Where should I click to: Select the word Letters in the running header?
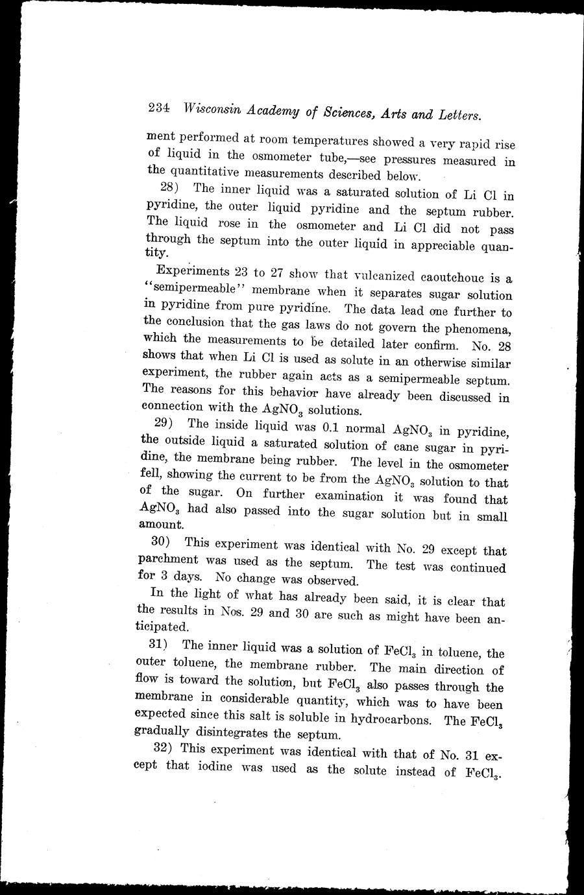coord(458,115)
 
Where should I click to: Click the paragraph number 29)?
coord(164,424)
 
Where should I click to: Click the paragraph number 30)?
coord(161,542)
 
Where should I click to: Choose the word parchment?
coord(169,559)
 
